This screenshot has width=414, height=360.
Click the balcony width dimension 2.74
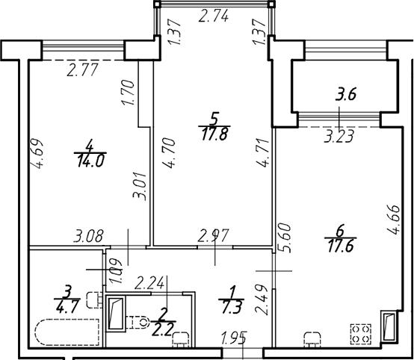click(214, 16)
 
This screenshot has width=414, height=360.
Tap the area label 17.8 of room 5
click(214, 134)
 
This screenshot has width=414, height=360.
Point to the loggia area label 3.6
click(346, 95)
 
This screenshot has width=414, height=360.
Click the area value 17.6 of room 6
click(340, 246)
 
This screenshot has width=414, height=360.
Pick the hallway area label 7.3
click(232, 308)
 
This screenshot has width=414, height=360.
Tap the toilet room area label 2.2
click(163, 329)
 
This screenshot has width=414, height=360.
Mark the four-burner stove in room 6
click(361, 334)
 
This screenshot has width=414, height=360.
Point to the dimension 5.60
click(285, 238)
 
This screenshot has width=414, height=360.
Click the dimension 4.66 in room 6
click(394, 220)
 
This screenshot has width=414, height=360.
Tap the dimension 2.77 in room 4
click(82, 70)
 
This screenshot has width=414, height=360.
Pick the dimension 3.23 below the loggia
click(339, 137)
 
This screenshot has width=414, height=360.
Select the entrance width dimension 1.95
click(235, 338)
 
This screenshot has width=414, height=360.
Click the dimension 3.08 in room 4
click(88, 236)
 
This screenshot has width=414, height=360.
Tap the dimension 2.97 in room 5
click(214, 236)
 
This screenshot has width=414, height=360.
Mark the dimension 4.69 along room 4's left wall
click(37, 154)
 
